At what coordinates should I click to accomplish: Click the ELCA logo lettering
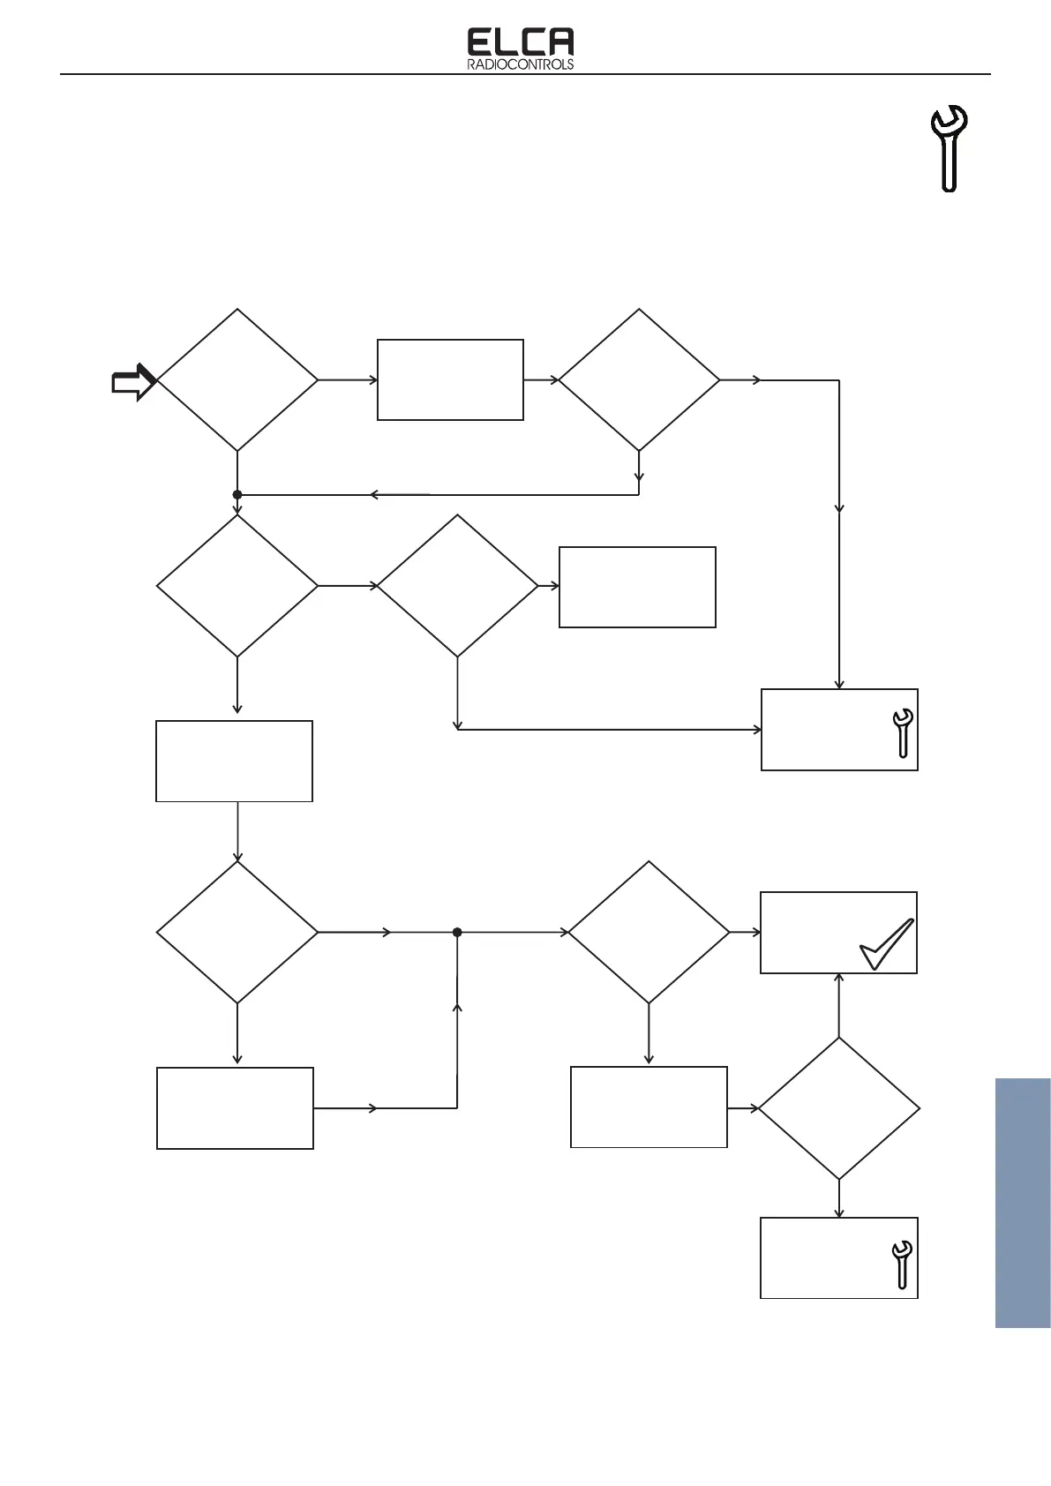point(520,43)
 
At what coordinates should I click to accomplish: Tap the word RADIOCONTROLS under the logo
point(520,64)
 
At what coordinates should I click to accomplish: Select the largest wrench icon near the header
point(950,147)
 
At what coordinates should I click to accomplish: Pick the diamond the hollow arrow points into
point(237,380)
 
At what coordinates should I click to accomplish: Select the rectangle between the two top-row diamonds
point(450,379)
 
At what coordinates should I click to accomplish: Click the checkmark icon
point(887,944)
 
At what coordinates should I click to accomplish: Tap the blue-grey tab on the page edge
point(1023,1202)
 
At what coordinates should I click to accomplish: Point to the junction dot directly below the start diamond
point(237,495)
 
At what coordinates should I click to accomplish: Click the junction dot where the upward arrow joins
point(457,932)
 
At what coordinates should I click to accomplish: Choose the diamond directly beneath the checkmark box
point(838,1108)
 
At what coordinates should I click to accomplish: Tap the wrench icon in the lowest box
point(901,1265)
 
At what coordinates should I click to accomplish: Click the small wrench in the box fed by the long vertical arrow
point(903,732)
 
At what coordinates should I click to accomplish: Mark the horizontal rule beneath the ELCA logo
point(524,74)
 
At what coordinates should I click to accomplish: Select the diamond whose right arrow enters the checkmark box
point(649,932)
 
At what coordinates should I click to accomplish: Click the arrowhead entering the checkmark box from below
point(838,978)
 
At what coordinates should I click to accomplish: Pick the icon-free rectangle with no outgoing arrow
point(637,587)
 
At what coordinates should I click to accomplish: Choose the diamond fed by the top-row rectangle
point(639,380)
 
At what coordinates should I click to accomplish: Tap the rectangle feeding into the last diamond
point(649,1107)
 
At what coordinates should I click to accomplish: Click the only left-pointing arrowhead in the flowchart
point(375,495)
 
